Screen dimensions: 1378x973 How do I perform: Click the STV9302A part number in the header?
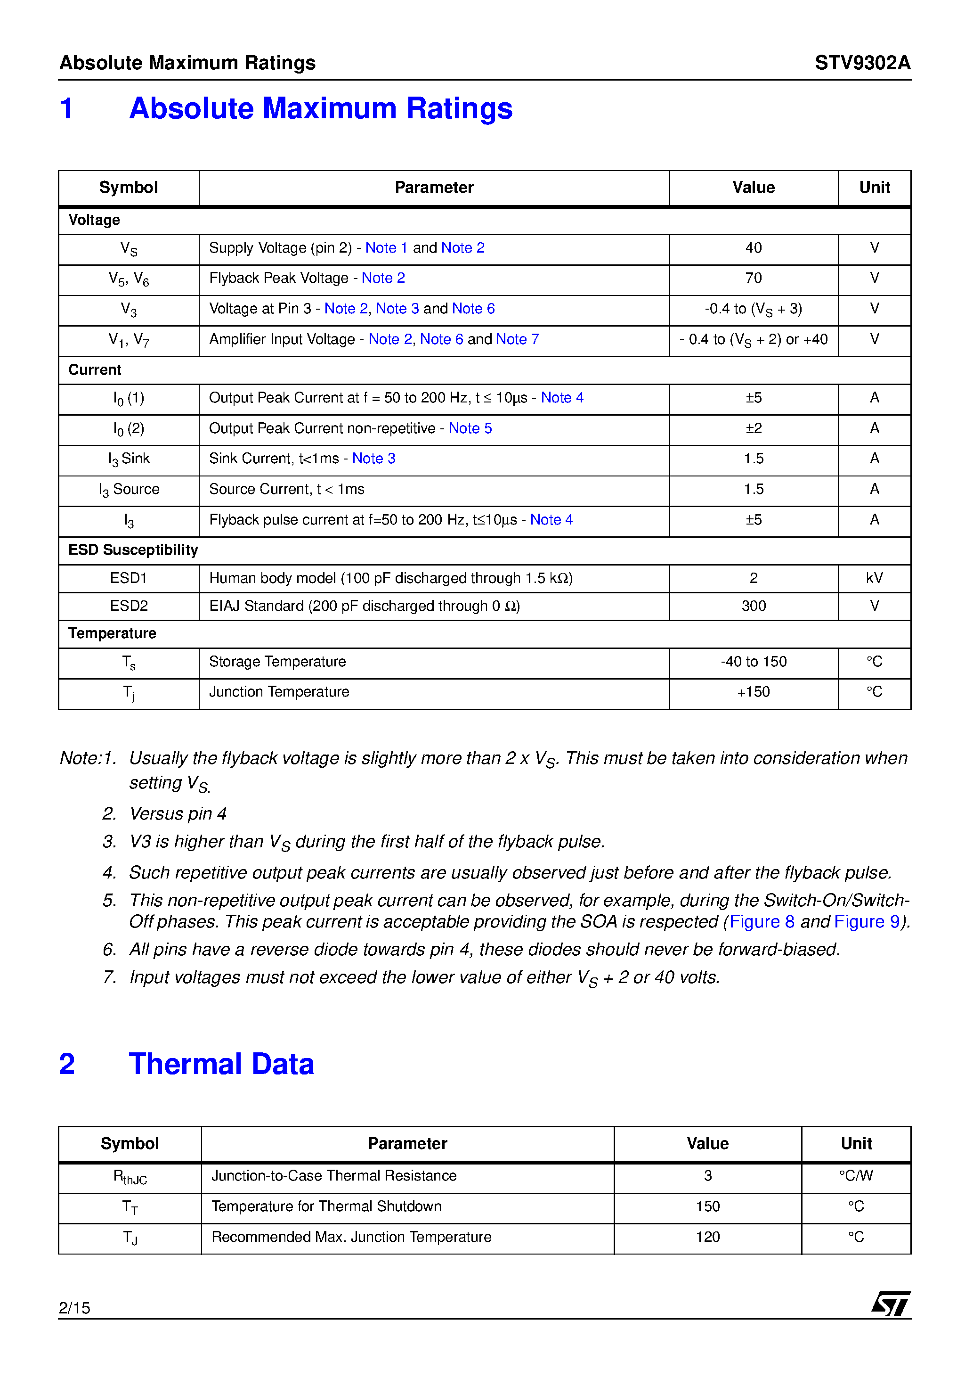(x=862, y=63)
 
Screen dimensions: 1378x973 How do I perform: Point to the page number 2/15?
(x=74, y=1308)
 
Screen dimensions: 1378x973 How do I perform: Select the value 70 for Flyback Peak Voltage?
(x=753, y=279)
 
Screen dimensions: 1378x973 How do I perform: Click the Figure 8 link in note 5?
(x=761, y=922)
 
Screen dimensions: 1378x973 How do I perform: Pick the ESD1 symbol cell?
(x=129, y=578)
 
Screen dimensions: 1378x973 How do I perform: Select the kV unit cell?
(x=874, y=578)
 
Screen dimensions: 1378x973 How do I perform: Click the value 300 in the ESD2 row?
(x=753, y=606)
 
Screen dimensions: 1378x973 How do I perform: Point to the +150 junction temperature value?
(x=753, y=692)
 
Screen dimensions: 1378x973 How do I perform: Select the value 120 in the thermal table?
(x=707, y=1237)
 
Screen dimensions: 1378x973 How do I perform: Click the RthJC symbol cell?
(x=130, y=1177)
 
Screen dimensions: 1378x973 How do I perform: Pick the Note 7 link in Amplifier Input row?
(x=517, y=340)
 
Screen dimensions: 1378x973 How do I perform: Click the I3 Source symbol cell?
(x=129, y=490)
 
